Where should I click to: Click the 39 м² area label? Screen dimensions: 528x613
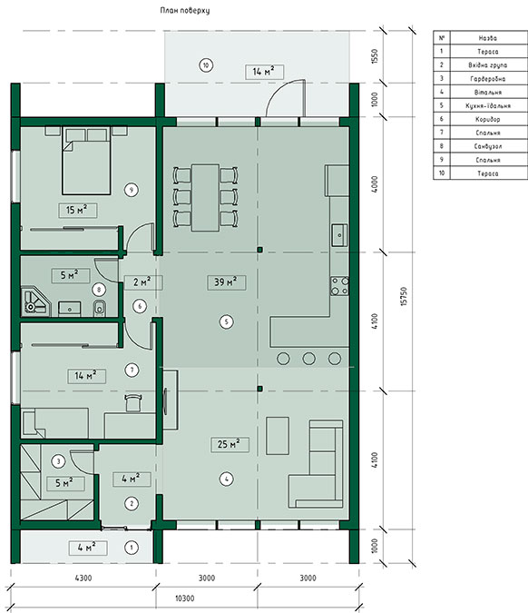coord(227,282)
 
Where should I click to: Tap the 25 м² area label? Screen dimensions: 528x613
coord(230,444)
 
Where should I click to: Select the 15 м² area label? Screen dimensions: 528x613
coord(78,211)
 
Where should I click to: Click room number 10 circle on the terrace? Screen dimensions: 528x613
coord(206,64)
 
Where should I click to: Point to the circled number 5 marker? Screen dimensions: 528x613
coord(227,322)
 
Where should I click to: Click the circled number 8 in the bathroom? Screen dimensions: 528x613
coord(99,290)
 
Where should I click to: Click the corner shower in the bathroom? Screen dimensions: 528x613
coord(35,301)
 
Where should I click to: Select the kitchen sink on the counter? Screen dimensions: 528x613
coord(339,235)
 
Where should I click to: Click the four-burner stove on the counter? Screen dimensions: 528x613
coord(339,286)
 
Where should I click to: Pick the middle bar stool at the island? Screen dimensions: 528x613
coord(309,359)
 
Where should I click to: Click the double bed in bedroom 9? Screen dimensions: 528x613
coord(86,160)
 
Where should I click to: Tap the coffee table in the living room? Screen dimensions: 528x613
coord(278,436)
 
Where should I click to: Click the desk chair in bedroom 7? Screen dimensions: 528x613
coord(132,403)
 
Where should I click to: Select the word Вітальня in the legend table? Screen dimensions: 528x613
coord(488,93)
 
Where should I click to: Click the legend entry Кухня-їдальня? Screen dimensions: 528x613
coord(488,105)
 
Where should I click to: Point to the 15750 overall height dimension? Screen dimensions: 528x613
coord(404,296)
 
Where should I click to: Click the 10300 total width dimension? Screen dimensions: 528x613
coord(184,598)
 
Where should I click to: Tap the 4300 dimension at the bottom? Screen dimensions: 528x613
coord(83,578)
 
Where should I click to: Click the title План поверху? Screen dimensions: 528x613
coord(185,10)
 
